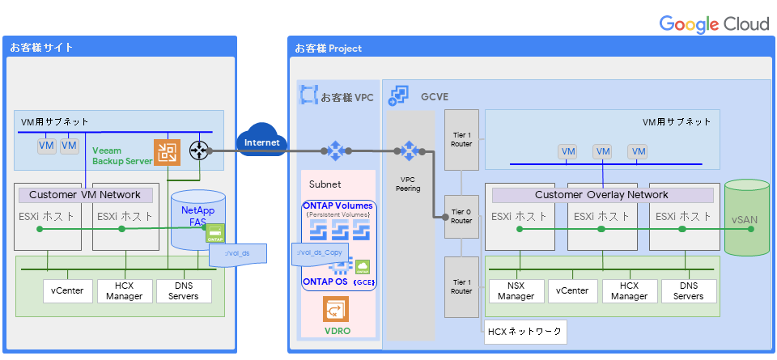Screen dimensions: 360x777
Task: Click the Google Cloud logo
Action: [713, 23]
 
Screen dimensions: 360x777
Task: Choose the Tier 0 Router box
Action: [461, 216]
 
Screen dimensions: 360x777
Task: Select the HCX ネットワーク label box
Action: [524, 332]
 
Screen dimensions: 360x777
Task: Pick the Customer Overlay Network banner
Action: [601, 195]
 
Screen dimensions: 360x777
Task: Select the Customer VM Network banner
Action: [85, 195]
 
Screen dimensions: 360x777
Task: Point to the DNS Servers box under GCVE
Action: [689, 291]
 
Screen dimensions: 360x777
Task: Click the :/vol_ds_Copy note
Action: [320, 252]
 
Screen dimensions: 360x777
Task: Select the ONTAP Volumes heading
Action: [338, 205]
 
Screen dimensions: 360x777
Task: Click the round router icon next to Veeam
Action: [198, 150]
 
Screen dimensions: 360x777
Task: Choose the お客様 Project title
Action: [328, 49]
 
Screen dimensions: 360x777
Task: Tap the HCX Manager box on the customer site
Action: [124, 291]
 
